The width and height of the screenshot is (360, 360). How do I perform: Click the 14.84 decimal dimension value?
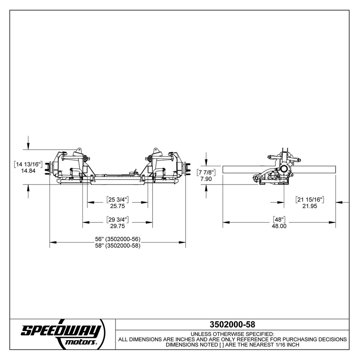29,171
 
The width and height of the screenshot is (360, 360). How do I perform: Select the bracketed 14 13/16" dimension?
29,164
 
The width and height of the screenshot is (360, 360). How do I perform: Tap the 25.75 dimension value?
117,206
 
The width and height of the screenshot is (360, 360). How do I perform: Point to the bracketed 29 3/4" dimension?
117,219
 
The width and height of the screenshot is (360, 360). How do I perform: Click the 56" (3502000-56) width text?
117,239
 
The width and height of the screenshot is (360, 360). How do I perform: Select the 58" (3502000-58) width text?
117,246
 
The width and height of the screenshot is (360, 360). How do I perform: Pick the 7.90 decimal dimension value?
207,179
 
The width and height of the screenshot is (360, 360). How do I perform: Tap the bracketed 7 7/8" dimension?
207,172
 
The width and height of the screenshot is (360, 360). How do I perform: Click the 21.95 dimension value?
310,206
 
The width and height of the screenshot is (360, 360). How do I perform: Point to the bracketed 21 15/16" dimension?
310,199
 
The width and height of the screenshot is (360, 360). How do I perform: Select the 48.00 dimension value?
279,226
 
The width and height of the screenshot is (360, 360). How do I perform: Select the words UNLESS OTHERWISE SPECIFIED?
232,334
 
